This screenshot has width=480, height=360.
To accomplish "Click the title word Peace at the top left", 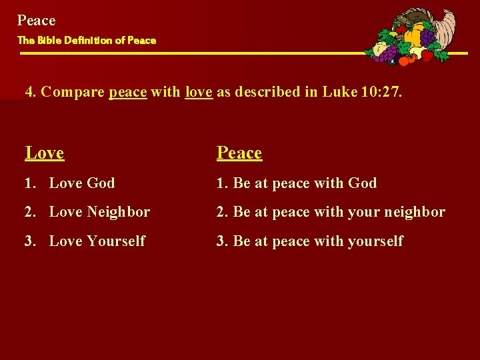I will coord(36,21).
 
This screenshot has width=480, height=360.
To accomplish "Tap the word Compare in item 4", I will coord(73,92).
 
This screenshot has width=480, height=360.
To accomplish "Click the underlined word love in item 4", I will coord(199,92).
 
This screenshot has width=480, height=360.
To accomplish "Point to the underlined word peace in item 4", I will coord(127,92).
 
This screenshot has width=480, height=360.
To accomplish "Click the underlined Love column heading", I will coord(45,153).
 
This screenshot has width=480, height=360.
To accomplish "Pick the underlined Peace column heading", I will coord(239,153).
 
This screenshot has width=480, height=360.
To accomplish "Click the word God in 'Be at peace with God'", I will coord(362,183).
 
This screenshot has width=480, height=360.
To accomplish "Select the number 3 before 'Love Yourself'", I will coord(29,241).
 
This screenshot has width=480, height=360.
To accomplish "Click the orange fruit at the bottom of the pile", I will coord(405,61).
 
